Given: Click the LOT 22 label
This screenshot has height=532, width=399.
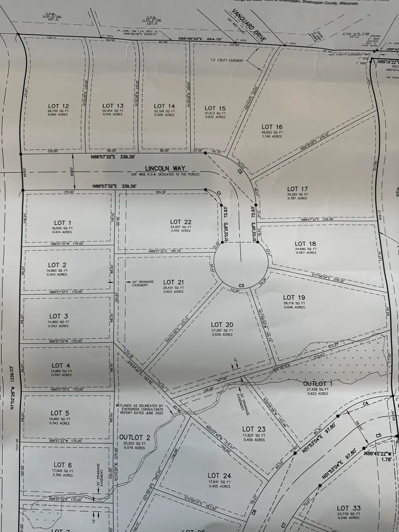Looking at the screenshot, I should (181, 222).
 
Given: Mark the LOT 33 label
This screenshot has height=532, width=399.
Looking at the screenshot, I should (348, 508).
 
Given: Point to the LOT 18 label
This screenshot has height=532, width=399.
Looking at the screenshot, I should (305, 244).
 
